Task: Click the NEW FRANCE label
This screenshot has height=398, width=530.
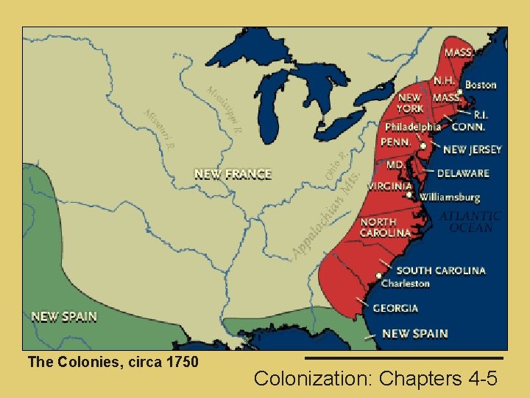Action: tap(233, 175)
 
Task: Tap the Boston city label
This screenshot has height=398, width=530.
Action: tap(481, 85)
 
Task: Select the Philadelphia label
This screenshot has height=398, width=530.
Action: tap(412, 127)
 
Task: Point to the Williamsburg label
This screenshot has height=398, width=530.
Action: tap(450, 198)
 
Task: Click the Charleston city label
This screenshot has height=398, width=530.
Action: tap(405, 283)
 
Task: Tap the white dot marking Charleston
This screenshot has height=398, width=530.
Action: tap(379, 276)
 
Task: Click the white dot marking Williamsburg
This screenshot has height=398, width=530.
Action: tap(410, 195)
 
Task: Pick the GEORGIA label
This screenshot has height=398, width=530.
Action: tap(395, 308)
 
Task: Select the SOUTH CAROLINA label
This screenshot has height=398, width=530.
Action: tap(441, 270)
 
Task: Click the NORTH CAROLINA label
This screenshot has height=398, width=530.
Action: tap(384, 228)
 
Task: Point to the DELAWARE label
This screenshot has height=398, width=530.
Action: tap(463, 174)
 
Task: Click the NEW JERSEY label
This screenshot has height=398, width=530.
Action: tap(472, 150)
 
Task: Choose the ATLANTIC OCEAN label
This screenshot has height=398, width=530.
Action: tap(470, 222)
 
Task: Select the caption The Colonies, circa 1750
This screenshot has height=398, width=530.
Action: tap(113, 362)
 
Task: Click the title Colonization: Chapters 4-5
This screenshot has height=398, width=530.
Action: tap(375, 379)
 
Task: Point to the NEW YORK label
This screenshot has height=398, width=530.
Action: tap(410, 102)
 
